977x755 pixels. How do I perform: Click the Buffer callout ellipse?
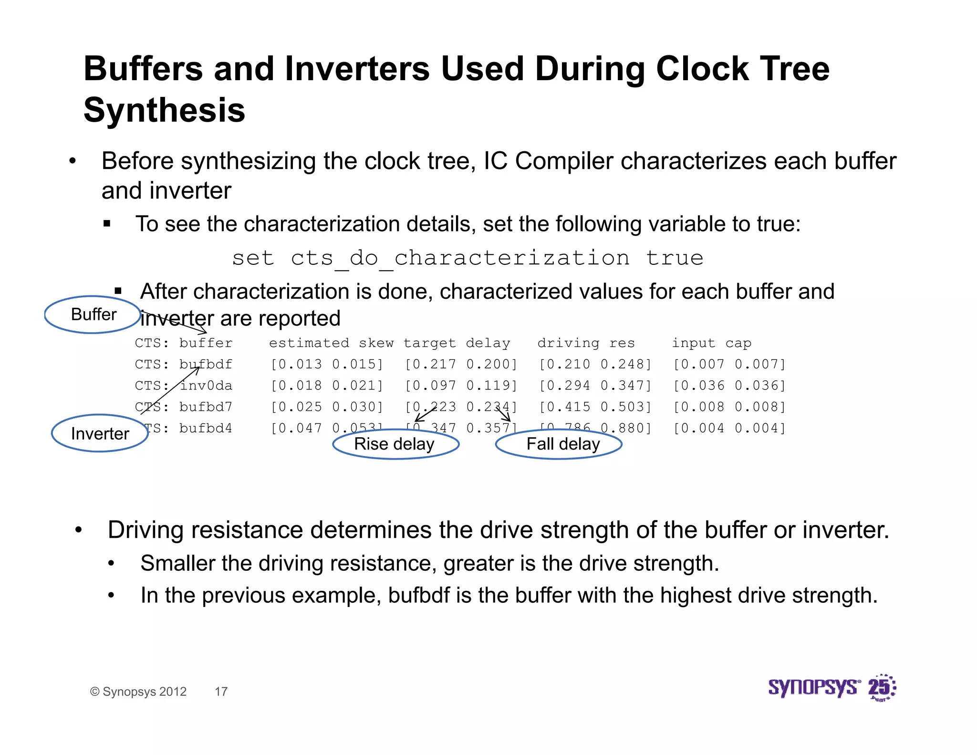click(x=93, y=315)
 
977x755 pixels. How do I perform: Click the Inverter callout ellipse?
click(x=100, y=433)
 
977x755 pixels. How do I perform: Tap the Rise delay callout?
click(x=395, y=444)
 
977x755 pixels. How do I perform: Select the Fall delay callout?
click(x=559, y=444)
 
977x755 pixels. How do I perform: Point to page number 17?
click(x=221, y=692)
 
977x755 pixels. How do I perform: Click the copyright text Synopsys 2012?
click(x=138, y=692)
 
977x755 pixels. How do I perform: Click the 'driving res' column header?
click(x=586, y=343)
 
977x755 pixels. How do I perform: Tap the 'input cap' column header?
click(x=711, y=343)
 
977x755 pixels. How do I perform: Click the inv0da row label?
click(x=206, y=386)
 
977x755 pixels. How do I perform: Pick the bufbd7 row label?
click(x=206, y=407)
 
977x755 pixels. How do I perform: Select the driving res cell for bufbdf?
click(x=595, y=365)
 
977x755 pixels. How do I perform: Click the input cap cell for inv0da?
click(x=729, y=386)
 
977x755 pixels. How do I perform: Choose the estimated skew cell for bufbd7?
click(x=327, y=407)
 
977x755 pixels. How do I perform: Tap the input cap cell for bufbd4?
click(x=729, y=428)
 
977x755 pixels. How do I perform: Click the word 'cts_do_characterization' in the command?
click(x=460, y=259)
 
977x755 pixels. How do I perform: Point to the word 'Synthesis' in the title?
click(x=164, y=110)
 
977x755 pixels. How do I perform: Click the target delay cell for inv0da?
click(x=461, y=386)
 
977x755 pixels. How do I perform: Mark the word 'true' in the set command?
click(x=675, y=259)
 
